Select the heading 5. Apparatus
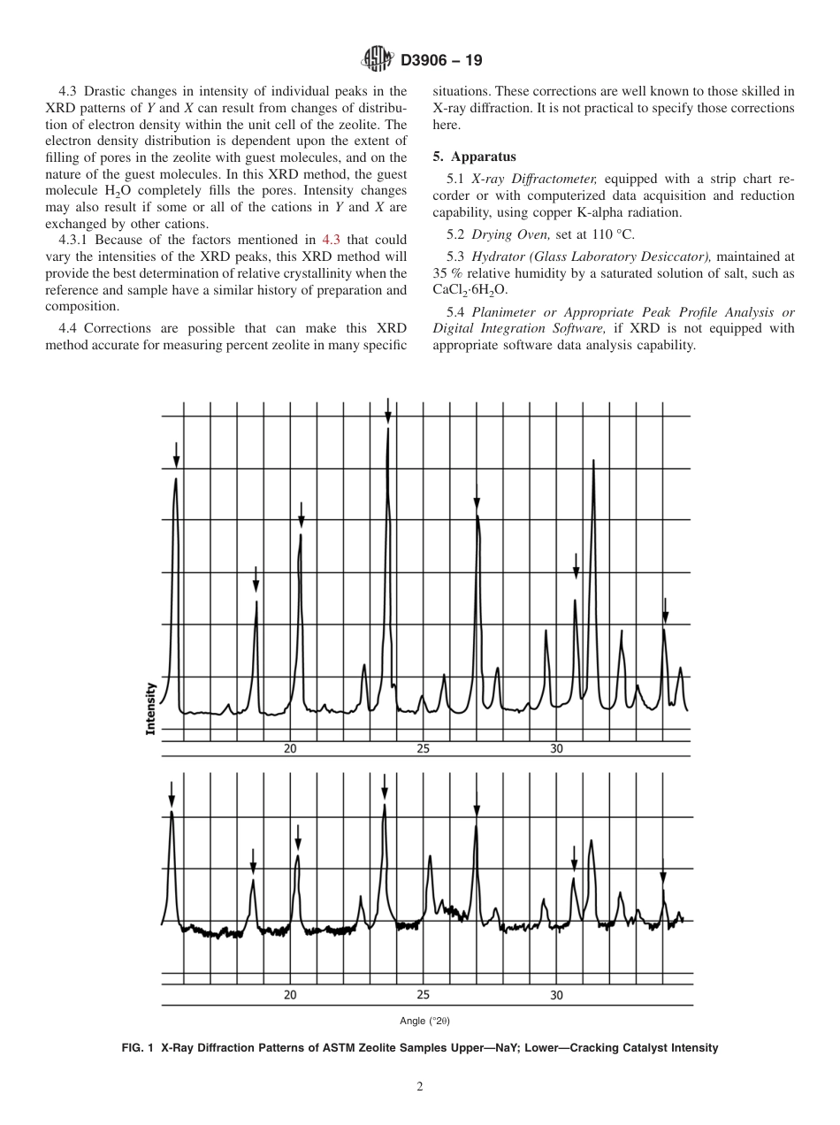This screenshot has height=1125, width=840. coord(473,157)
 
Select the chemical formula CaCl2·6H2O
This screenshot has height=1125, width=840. coord(470,289)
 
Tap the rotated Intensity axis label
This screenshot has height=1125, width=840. coord(150,708)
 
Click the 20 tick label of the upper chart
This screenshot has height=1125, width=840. coord(290,748)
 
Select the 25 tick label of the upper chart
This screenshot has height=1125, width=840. coord(423,748)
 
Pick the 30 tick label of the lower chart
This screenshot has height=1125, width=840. coord(556,995)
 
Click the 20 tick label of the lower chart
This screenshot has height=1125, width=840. coord(290,995)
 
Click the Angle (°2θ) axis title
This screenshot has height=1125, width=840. coord(424,1021)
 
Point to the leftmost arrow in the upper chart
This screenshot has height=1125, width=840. coord(176,456)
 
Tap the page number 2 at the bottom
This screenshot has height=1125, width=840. coord(420,1087)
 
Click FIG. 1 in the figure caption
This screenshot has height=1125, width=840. coord(139,1048)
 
